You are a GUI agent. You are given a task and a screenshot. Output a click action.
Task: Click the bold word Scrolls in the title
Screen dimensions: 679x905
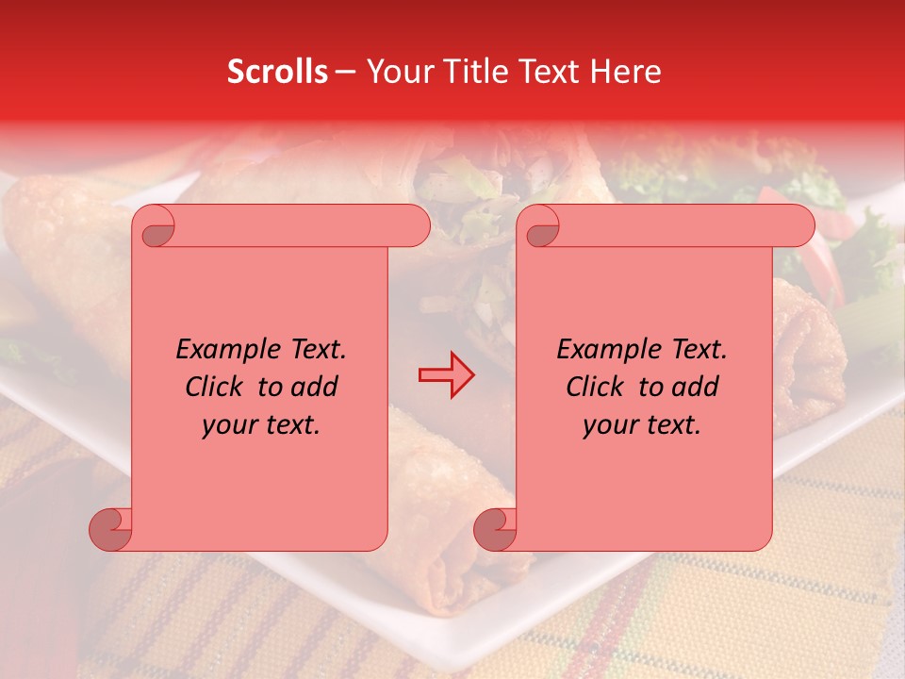pyautogui.click(x=277, y=72)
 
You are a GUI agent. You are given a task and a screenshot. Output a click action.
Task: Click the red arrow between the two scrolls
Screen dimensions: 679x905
pyautogui.click(x=446, y=374)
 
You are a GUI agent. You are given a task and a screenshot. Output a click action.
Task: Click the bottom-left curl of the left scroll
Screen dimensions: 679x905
pyautogui.click(x=110, y=529)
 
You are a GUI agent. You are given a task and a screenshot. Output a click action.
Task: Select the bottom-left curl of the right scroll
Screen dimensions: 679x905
pyautogui.click(x=495, y=529)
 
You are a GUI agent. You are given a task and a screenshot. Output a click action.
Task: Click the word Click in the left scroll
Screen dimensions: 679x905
pyautogui.click(x=217, y=387)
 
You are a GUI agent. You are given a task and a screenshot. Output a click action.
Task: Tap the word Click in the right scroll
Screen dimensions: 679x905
pyautogui.click(x=598, y=387)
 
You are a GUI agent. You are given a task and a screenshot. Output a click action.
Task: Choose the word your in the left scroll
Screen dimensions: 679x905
pyautogui.click(x=227, y=425)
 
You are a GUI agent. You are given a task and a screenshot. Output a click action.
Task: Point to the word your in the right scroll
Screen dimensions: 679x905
pyautogui.click(x=608, y=425)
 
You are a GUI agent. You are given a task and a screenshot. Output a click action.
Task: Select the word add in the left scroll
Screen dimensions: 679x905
pyautogui.click(x=315, y=387)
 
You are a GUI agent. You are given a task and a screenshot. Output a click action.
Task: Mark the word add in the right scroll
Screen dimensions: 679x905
pyautogui.click(x=696, y=387)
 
